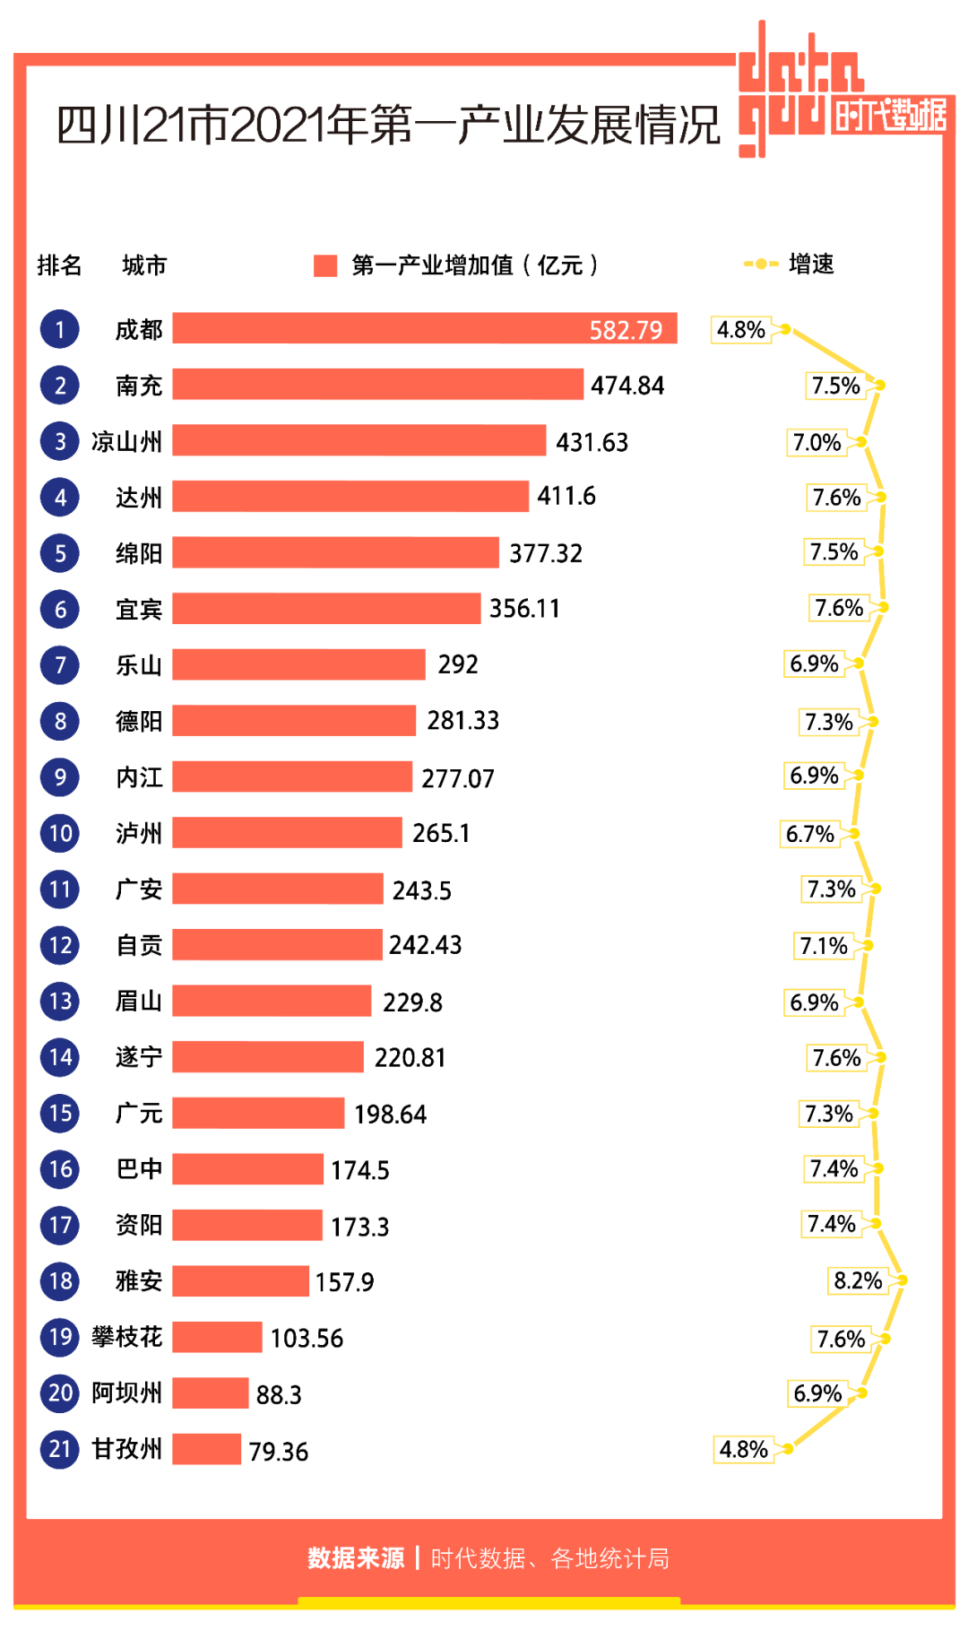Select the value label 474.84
point(627,386)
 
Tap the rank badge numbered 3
point(60,441)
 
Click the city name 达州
point(139,498)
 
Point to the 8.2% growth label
point(858,1280)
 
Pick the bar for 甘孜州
point(207,1449)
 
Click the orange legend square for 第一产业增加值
point(325,265)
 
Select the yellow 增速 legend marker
point(761,264)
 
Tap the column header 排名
point(59,265)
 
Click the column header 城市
point(144,265)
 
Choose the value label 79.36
point(279,1452)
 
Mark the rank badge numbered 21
point(60,1449)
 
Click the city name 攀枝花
point(126,1337)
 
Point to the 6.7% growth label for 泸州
point(810,834)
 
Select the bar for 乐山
point(298,664)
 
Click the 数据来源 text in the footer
point(356,1558)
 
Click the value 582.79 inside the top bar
point(626,330)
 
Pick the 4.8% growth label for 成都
point(741,330)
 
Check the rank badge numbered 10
point(60,833)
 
